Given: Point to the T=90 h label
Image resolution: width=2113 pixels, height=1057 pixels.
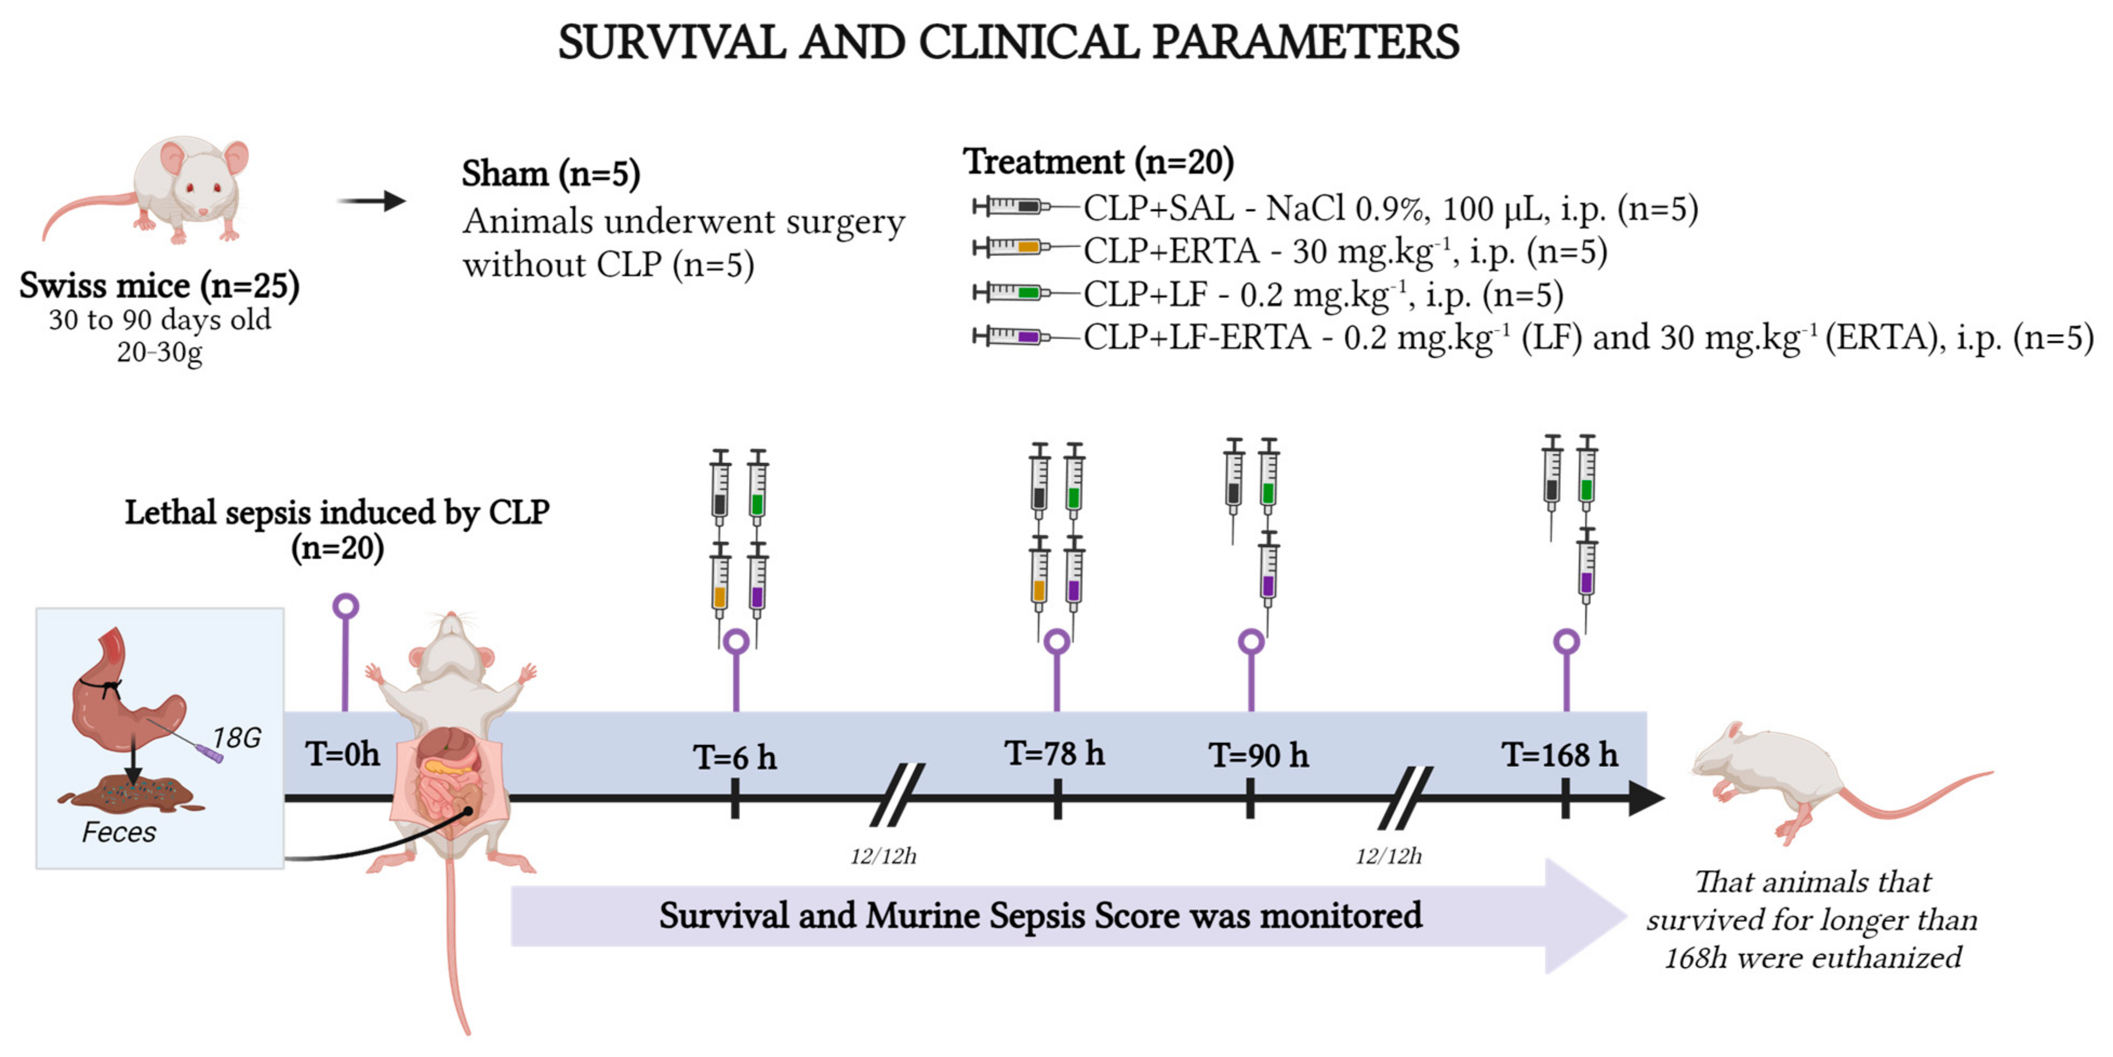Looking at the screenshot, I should point(1258,754).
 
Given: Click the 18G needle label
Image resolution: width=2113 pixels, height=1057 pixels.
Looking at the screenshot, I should point(236,738).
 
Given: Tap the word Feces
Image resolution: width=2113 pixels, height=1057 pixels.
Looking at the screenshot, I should point(119,832).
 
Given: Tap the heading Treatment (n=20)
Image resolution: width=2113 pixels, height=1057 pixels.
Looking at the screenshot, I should point(1098,162).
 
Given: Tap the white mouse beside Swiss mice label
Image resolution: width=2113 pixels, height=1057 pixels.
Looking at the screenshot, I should point(164,193).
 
